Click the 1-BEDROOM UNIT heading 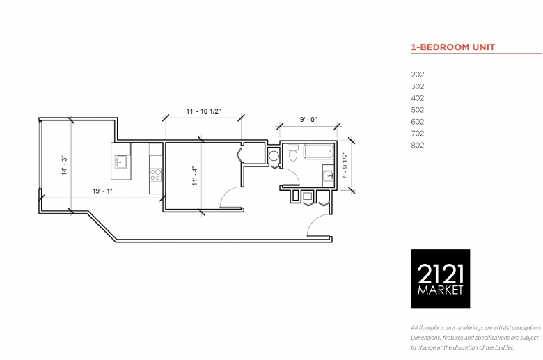[x=453, y=47]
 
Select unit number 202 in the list [x=418, y=75]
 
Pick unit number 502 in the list [x=418, y=110]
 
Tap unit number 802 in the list [x=418, y=145]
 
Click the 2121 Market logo [x=441, y=279]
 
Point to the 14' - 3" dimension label [x=65, y=166]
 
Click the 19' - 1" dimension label [x=102, y=191]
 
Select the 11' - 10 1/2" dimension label [x=203, y=111]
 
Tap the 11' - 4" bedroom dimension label [x=195, y=176]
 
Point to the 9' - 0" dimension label [x=308, y=120]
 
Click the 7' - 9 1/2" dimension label [x=345, y=166]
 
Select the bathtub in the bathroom [x=319, y=152]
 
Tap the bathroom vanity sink [x=328, y=176]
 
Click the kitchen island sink [x=120, y=162]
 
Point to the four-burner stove [x=156, y=175]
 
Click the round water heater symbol [x=274, y=155]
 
